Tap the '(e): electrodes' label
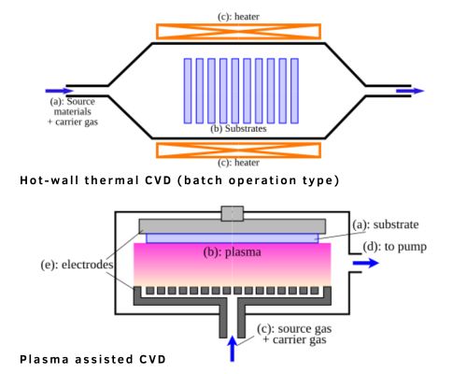(x=54, y=265)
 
